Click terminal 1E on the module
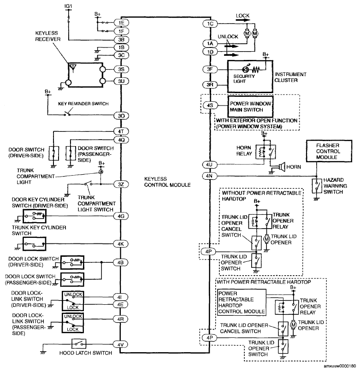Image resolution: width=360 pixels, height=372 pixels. [121, 23]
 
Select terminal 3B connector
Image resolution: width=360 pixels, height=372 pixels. [121, 40]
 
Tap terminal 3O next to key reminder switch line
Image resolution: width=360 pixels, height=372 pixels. [121, 116]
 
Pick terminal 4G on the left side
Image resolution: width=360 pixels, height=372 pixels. [121, 216]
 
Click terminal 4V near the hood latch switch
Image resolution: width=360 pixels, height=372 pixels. [121, 344]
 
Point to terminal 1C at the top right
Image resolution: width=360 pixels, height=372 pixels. [210, 24]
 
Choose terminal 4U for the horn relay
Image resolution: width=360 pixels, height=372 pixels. [209, 165]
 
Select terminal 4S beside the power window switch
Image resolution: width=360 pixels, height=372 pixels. [210, 105]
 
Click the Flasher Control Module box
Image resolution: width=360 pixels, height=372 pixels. [329, 151]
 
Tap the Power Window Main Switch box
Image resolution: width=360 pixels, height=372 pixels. [250, 106]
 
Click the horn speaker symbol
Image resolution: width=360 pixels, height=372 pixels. [282, 167]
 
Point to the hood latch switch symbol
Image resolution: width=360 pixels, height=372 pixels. [79, 343]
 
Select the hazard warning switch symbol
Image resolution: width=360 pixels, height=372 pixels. [317, 186]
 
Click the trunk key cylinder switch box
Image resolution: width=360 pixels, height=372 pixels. [35, 244]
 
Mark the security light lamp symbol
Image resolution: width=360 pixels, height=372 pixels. [246, 70]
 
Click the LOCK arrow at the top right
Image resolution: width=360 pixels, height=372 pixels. [243, 20]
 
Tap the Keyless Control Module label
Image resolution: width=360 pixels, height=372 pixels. [167, 182]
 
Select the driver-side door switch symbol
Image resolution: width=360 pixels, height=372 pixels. [53, 153]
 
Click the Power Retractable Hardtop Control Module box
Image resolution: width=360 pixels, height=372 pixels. [242, 302]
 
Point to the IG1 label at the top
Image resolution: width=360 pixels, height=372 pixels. [68, 6]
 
